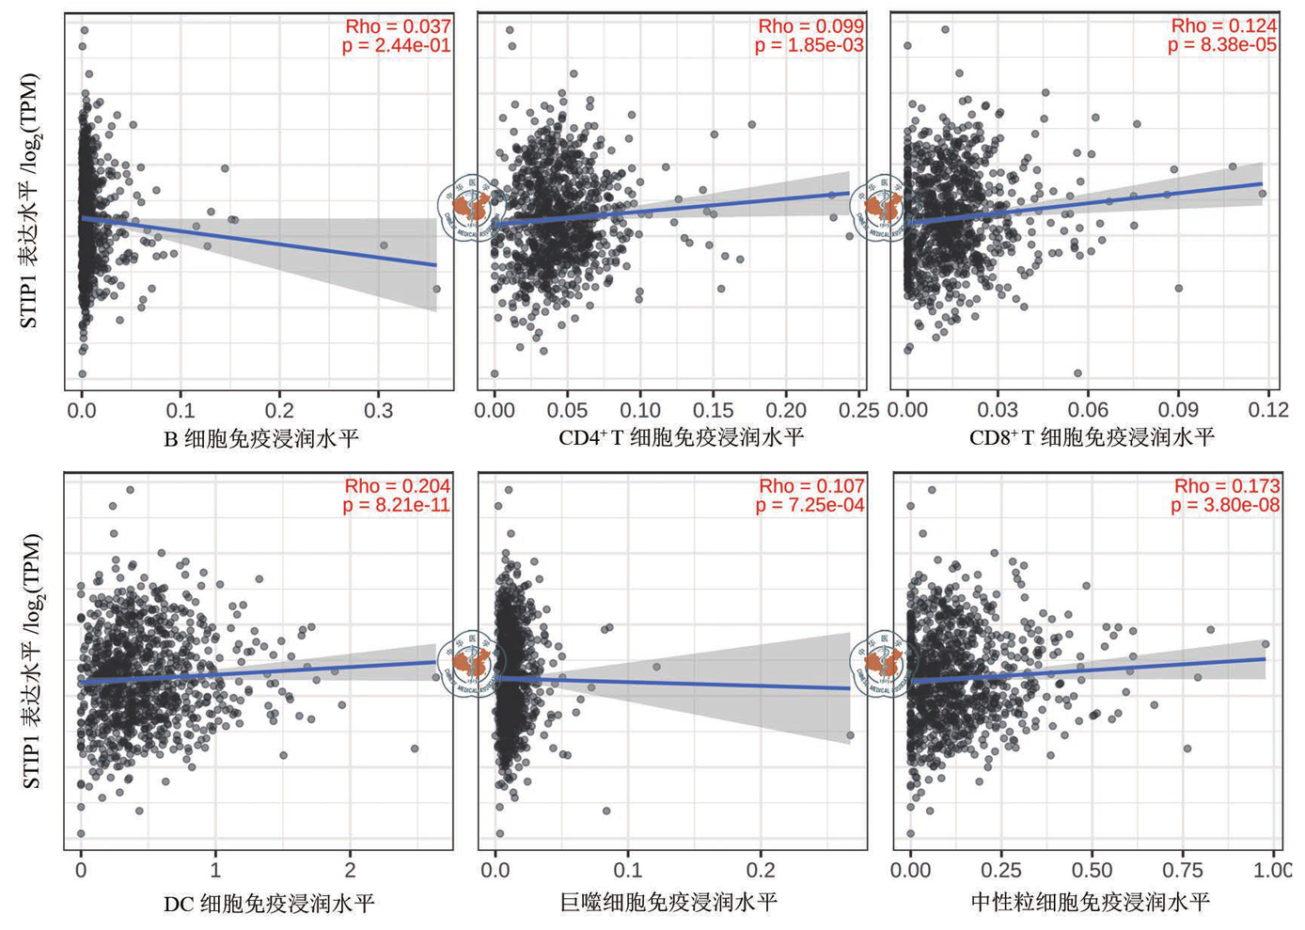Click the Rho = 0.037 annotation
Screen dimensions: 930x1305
click(398, 26)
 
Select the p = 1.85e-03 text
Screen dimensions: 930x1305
click(809, 45)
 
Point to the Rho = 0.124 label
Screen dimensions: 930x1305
click(1223, 25)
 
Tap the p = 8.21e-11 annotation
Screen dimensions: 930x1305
click(396, 505)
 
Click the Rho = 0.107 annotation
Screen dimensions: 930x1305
click(811, 486)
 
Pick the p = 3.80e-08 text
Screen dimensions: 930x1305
click(1225, 505)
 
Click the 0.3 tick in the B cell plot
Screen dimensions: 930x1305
click(378, 411)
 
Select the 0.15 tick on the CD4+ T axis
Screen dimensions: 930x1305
click(713, 411)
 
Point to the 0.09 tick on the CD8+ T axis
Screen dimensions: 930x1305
click(1177, 410)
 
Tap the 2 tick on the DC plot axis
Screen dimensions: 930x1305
click(350, 870)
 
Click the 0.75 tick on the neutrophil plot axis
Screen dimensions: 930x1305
click(1183, 870)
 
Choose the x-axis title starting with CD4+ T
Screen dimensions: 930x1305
click(681, 437)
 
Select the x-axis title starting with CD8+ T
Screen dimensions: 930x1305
click(1092, 437)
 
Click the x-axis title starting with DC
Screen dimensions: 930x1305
click(269, 905)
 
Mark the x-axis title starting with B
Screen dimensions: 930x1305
click(260, 438)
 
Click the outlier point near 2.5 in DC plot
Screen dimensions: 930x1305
click(415, 749)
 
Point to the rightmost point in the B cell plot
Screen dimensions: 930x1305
click(436, 290)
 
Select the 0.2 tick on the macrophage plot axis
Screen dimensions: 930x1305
click(761, 870)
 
